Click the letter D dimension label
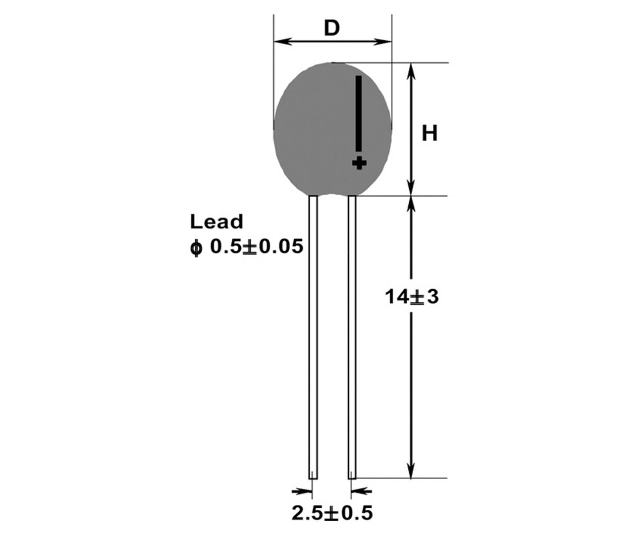pos(332,28)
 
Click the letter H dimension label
pos(429,133)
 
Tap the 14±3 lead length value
pos(412,297)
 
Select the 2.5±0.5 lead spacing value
pos(332,513)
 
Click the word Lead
pos(216,221)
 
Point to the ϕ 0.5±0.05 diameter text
pos(246,246)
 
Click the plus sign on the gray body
pos(359,162)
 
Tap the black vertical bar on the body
pos(359,113)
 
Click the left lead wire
pos(313,337)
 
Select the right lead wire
pos(352,337)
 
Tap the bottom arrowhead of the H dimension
pos(411,188)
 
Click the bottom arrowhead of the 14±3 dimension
pos(411,471)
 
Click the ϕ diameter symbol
pos(197,247)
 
